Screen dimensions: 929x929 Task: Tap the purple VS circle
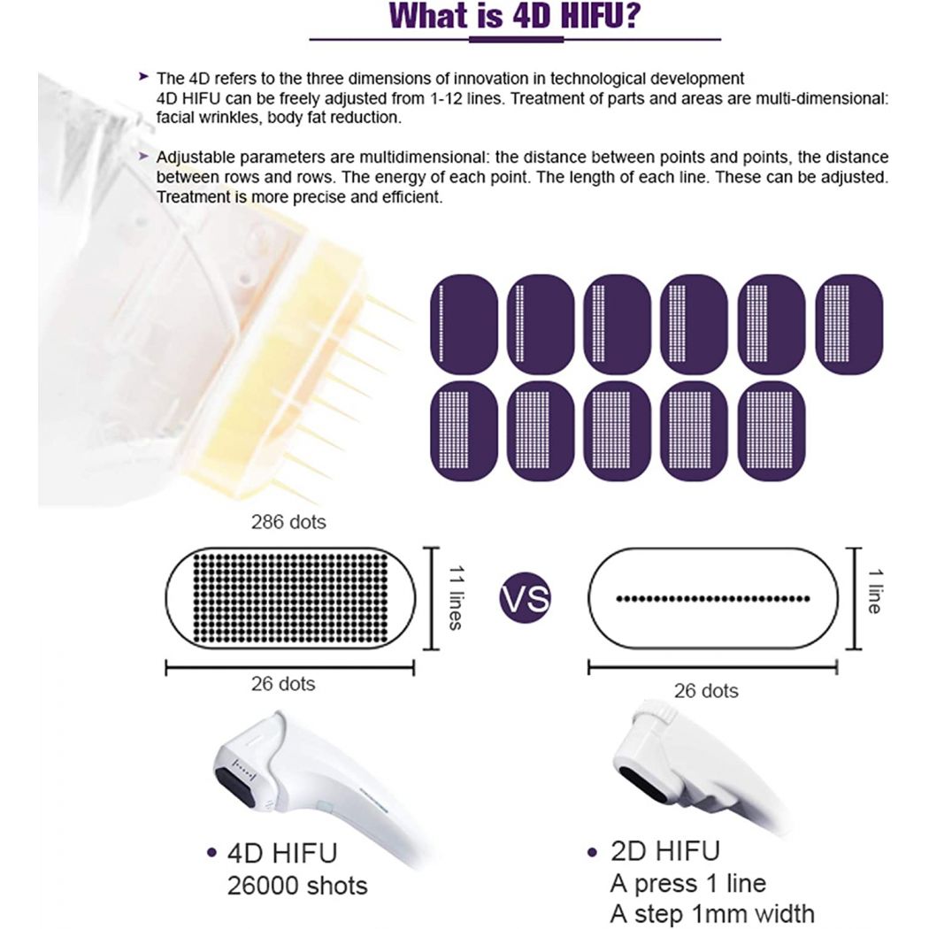tap(525, 598)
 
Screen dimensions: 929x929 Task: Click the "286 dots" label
tap(288, 522)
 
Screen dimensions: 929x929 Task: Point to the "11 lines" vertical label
tap(454, 597)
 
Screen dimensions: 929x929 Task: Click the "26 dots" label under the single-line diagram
tap(704, 691)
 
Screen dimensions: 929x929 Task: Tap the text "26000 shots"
tap(298, 886)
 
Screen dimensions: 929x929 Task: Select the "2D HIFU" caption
tap(664, 851)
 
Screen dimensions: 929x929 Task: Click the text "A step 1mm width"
tap(711, 913)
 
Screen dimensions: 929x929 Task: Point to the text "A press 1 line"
tap(687, 882)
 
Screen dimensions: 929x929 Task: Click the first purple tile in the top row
tap(463, 324)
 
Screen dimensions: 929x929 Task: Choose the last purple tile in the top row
tap(848, 324)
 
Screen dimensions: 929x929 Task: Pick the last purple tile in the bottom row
tap(772, 432)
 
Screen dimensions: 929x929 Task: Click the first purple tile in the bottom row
tap(463, 432)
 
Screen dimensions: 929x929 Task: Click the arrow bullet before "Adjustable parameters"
tap(144, 156)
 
